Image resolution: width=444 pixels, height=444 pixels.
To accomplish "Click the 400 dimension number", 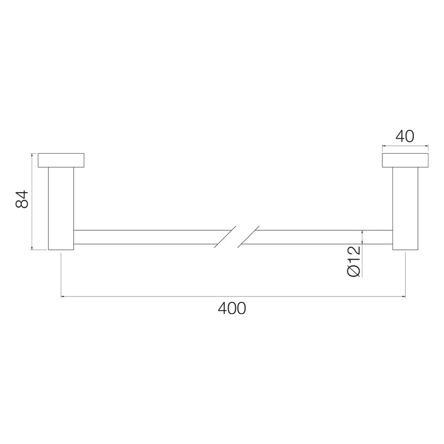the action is click(232, 309).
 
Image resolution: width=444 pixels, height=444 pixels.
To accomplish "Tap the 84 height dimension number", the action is click(22, 199).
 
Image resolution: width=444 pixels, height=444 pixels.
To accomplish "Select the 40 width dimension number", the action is click(405, 136).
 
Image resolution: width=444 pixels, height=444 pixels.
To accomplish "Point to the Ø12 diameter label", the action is click(354, 261).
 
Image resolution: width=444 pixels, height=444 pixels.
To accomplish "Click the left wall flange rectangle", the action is click(61, 160).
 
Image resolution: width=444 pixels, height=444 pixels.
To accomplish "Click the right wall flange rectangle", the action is click(405, 160).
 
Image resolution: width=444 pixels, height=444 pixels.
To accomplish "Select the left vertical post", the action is click(61, 209).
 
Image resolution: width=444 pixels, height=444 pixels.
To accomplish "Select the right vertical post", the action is click(405, 209).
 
